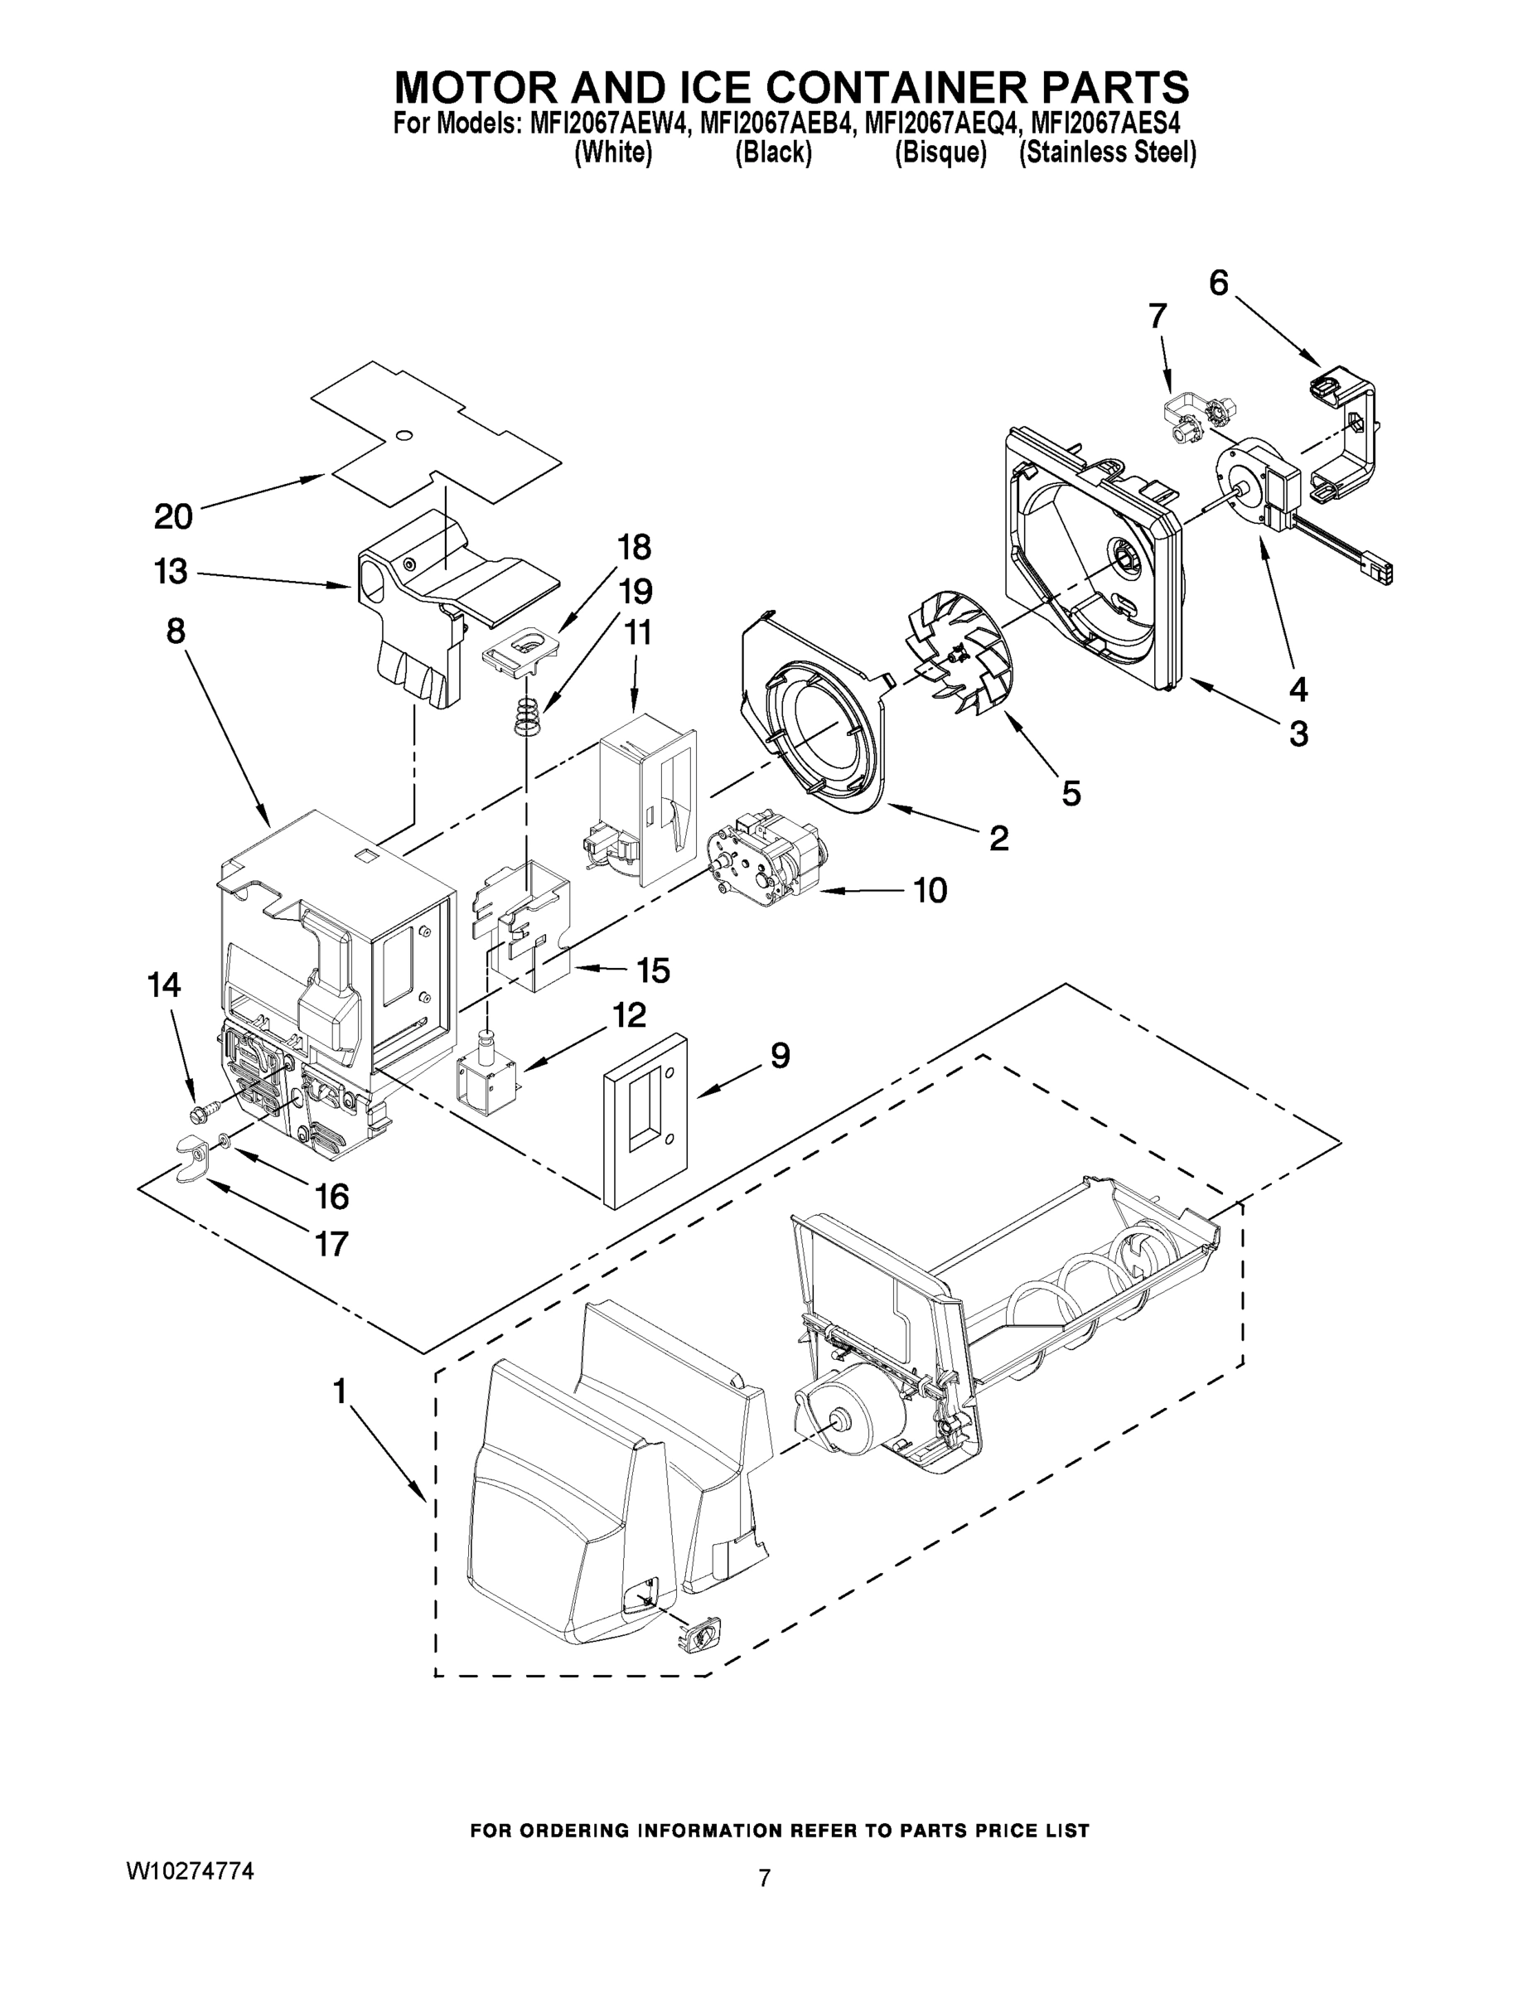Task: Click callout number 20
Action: coord(173,516)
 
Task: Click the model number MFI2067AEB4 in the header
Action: coord(777,123)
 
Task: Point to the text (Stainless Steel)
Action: coord(1107,153)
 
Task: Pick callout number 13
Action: coord(171,572)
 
